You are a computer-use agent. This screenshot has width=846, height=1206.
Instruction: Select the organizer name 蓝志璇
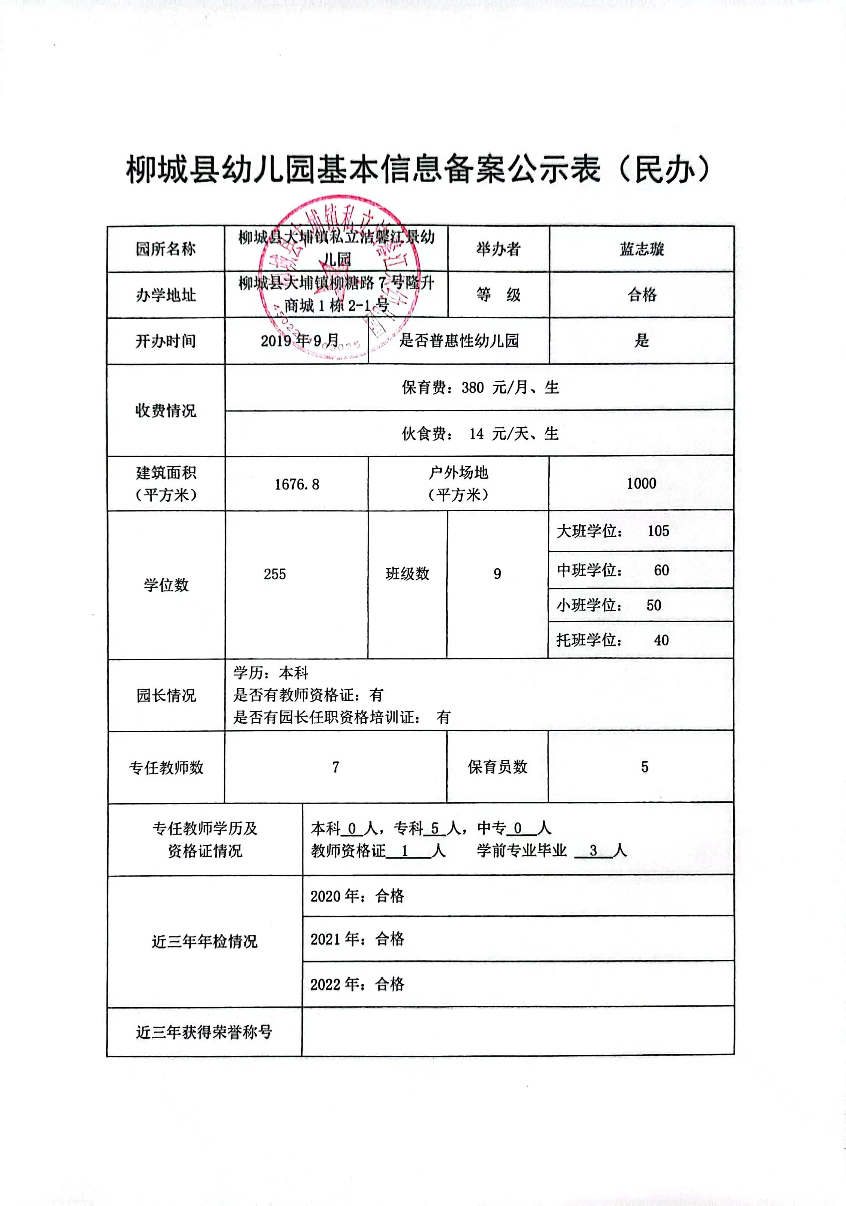point(642,249)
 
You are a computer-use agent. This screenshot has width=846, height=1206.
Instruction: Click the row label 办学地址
point(166,295)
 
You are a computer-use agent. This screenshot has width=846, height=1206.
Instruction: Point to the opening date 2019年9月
point(300,341)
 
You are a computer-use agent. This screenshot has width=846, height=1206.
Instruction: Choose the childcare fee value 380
point(472,388)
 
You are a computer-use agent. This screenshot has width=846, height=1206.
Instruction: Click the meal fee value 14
point(476,434)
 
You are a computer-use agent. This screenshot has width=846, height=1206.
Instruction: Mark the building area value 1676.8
point(296,484)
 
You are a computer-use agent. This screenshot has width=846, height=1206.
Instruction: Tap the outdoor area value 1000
point(641,483)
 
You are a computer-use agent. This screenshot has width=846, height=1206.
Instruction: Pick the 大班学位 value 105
point(658,531)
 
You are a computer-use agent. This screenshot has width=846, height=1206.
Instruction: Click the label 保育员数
point(497,767)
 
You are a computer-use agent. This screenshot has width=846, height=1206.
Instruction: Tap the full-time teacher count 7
point(335,767)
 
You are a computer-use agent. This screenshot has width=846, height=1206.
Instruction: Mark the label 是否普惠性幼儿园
point(459,341)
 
